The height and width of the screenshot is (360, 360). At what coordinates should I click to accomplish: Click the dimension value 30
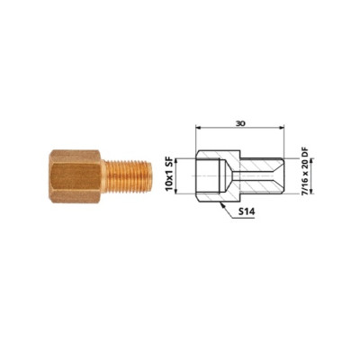240,123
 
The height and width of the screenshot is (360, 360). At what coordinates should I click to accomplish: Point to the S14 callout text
247,211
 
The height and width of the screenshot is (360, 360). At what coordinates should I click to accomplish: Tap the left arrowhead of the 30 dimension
198,128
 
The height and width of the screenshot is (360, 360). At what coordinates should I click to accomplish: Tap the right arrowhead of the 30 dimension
282,128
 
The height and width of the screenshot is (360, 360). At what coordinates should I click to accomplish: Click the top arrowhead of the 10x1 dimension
177,162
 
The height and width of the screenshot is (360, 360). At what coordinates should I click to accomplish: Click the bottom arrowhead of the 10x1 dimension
177,192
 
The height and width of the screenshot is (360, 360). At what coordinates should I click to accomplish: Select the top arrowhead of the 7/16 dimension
311,162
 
